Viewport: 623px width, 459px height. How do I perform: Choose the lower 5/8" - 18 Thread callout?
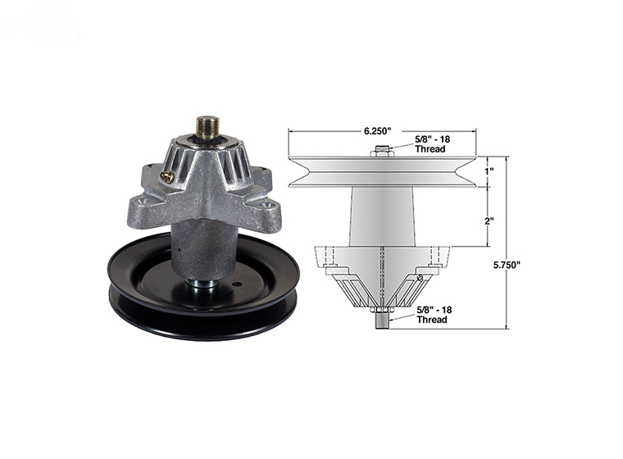431,316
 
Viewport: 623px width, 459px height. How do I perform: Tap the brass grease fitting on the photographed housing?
167,175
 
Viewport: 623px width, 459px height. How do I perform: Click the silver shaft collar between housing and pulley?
204,284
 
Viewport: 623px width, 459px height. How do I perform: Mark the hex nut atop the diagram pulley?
383,151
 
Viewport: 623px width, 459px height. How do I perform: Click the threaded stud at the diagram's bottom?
383,319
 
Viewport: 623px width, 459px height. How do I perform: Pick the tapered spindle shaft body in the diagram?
383,215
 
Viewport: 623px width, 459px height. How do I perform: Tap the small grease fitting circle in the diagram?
420,279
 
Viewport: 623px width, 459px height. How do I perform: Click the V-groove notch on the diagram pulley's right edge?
469,171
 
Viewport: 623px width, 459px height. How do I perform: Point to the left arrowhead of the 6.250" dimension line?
291,131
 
